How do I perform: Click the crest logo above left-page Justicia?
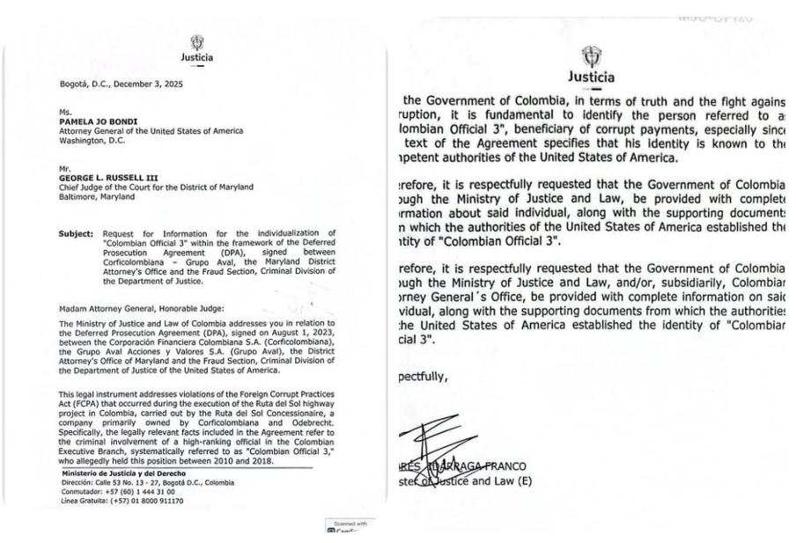pyautogui.click(x=197, y=42)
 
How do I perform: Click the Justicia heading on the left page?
pyautogui.click(x=197, y=58)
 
